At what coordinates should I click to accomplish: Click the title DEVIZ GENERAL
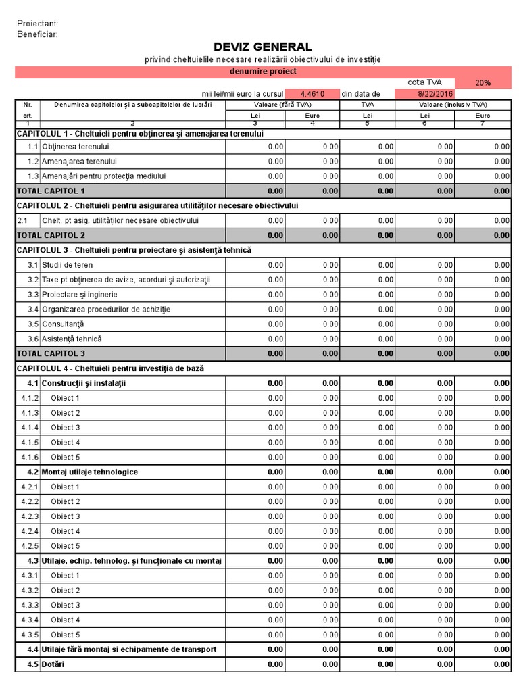coord(263,47)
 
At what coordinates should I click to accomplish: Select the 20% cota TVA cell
coord(483,82)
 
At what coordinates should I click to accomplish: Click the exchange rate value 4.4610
coord(312,94)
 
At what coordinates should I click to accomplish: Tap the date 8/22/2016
coord(435,94)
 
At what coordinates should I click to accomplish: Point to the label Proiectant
coord(38,24)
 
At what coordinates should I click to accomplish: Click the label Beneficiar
coord(37,34)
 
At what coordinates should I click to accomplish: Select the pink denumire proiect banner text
coord(263,71)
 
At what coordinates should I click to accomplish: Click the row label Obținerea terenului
coord(76,146)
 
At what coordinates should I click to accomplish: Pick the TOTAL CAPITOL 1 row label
coord(51,191)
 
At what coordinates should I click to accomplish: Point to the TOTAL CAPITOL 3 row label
coord(51,353)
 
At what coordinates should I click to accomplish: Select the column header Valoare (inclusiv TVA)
coord(453,105)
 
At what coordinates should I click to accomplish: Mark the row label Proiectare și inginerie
coord(79,295)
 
